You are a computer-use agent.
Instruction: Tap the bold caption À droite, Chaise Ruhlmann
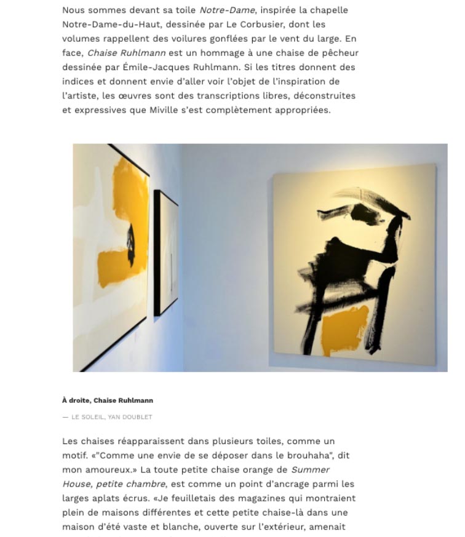pos(108,400)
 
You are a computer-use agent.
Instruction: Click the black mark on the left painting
pos(131,240)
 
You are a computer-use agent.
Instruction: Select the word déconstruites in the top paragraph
pos(326,96)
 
